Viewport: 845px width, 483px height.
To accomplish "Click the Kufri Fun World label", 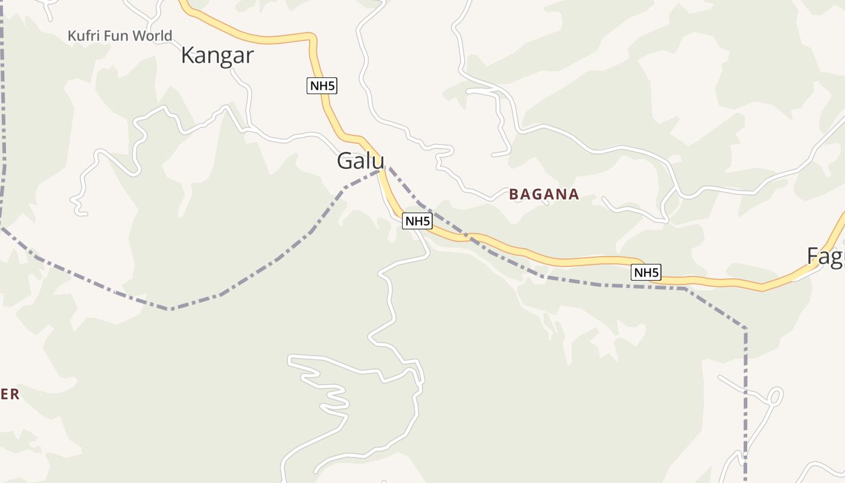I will tap(120, 36).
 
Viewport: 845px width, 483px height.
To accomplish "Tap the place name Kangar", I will tap(217, 56).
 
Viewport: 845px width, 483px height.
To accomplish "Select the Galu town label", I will tap(360, 161).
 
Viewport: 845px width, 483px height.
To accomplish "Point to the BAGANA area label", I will tap(544, 194).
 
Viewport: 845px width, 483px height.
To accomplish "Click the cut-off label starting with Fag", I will tap(825, 257).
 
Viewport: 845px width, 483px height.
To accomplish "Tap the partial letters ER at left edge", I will tap(10, 395).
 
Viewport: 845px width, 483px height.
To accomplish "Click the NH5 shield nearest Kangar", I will tap(322, 86).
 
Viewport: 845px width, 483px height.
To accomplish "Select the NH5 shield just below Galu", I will tap(417, 221).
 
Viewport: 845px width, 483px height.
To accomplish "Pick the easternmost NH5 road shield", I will tap(646, 272).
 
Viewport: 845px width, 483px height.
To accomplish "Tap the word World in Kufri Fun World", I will tap(152, 36).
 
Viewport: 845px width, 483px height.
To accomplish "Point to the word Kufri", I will tap(84, 36).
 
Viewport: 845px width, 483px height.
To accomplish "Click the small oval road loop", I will tap(774, 397).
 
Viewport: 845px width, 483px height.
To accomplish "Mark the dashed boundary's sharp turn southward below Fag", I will tap(745, 329).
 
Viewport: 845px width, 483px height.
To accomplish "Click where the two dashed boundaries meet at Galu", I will tap(383, 170).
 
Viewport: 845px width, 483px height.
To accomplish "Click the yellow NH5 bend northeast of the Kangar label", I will tap(311, 39).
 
